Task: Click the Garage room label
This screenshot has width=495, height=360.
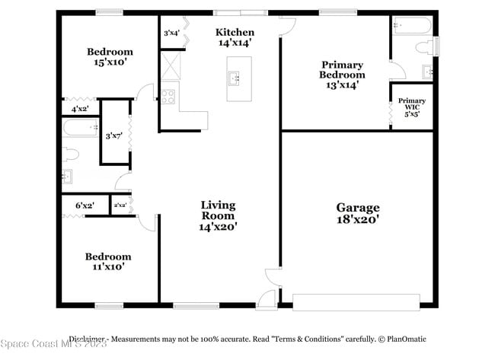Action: pos(357,213)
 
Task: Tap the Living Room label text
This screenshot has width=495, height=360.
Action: pos(218,215)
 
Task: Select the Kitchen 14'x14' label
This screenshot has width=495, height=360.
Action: pos(235,37)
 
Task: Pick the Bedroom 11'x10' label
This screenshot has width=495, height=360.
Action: pos(107,262)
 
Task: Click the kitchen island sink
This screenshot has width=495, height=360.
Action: pos(235,78)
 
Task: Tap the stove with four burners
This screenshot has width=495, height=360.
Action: pos(168,97)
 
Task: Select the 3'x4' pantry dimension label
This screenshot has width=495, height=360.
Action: pos(171,33)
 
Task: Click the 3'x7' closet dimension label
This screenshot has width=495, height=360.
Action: pos(114,135)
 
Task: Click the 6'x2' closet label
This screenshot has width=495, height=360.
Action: pos(84,205)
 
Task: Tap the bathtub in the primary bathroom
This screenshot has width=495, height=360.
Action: pos(413,26)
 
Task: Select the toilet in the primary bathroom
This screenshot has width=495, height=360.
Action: pos(423,46)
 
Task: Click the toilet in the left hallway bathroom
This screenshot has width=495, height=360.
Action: pos(70,155)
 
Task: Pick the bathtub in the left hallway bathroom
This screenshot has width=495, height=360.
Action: pos(79,129)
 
